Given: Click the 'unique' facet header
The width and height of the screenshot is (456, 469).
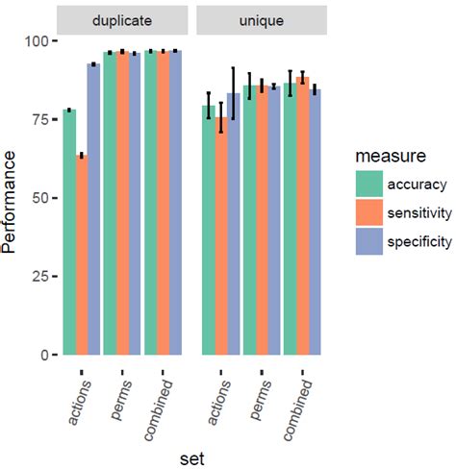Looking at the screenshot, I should pos(262,19).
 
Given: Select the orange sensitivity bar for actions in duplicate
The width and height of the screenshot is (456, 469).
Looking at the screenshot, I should pos(81,255).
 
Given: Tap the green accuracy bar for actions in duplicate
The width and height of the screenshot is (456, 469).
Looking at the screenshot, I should pos(69,233).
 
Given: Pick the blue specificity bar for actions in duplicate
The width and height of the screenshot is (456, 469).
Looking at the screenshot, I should pos(93,210).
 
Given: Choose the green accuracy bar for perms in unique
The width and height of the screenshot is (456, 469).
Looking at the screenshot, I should pos(249,220).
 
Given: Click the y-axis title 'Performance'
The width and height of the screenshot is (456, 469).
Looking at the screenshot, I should pos(11,198).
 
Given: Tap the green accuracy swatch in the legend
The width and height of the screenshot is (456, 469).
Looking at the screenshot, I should pos(368,184).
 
